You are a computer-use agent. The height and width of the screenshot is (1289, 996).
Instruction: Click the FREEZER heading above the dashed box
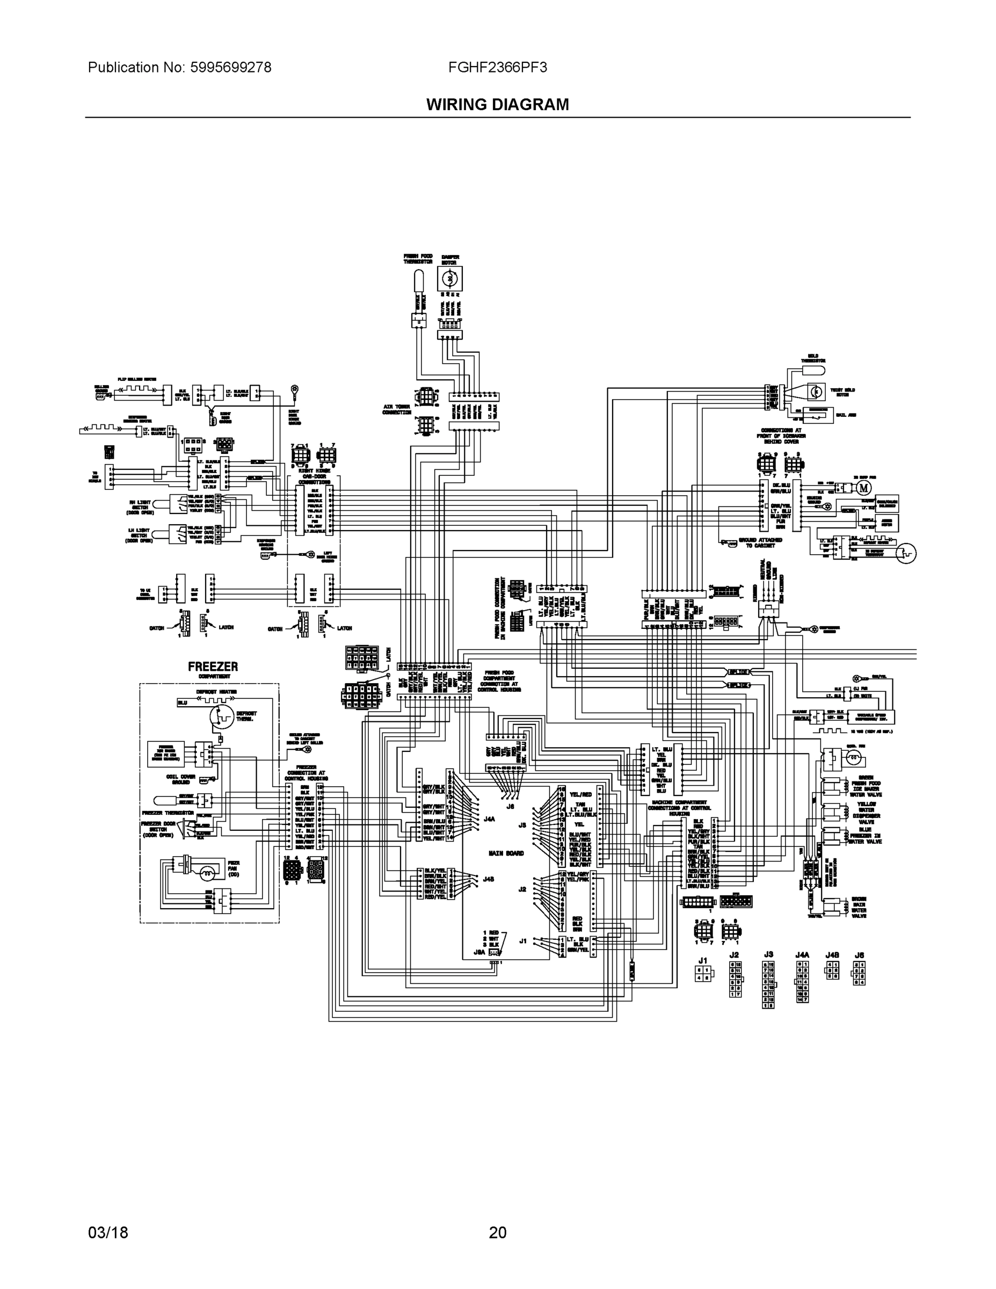pyautogui.click(x=213, y=667)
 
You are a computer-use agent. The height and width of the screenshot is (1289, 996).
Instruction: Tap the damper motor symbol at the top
pyautogui.click(x=449, y=277)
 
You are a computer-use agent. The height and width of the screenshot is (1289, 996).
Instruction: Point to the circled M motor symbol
pyautogui.click(x=864, y=488)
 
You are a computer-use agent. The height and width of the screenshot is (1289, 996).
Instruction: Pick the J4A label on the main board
pyautogui.click(x=489, y=819)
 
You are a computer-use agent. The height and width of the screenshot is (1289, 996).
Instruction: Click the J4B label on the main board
pyautogui.click(x=489, y=879)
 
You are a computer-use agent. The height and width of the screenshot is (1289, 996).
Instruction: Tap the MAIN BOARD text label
pyautogui.click(x=506, y=853)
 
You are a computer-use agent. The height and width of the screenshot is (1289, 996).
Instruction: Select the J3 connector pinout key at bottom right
pyautogui.click(x=768, y=983)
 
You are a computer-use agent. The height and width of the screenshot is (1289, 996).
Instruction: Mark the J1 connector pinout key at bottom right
pyautogui.click(x=703, y=972)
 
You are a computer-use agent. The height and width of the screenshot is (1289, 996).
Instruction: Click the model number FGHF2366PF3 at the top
pyautogui.click(x=497, y=67)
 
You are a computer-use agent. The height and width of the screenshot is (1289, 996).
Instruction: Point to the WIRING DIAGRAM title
pyautogui.click(x=497, y=105)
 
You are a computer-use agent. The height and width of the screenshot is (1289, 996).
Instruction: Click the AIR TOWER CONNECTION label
pyautogui.click(x=396, y=409)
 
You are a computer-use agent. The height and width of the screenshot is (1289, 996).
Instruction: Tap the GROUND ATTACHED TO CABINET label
pyautogui.click(x=761, y=542)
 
